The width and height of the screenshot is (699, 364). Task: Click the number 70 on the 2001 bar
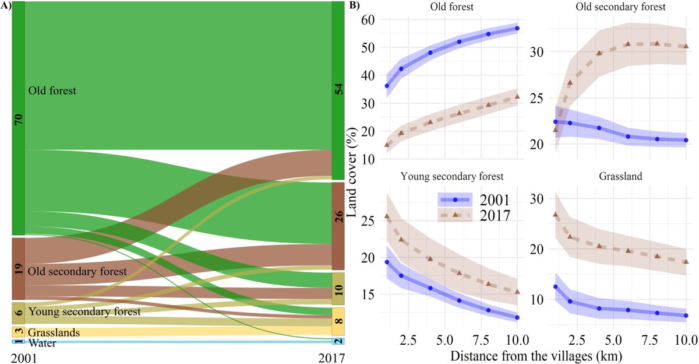point(19,120)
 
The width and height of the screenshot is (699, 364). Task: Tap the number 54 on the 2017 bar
point(338,89)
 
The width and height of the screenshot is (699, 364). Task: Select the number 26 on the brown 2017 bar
point(338,216)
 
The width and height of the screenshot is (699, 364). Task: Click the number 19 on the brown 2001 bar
point(19,269)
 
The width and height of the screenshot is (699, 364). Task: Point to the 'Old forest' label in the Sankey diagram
point(52,90)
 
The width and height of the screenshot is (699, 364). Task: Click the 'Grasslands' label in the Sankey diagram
point(54,332)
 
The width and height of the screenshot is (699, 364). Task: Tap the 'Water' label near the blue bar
point(42,344)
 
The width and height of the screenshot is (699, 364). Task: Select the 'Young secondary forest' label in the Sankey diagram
point(84,311)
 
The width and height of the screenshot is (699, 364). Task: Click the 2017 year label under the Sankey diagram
point(331,358)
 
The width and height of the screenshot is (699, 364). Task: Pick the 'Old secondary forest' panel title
point(620,6)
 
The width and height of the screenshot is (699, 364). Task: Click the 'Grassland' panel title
point(620,176)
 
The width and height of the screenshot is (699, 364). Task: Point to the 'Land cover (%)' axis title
point(352,172)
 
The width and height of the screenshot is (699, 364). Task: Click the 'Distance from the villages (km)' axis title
point(536,356)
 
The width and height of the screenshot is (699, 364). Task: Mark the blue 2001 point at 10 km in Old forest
point(517,29)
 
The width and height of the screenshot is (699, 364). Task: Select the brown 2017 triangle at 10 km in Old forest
point(517,97)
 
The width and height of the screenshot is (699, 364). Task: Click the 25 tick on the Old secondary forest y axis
point(537,99)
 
